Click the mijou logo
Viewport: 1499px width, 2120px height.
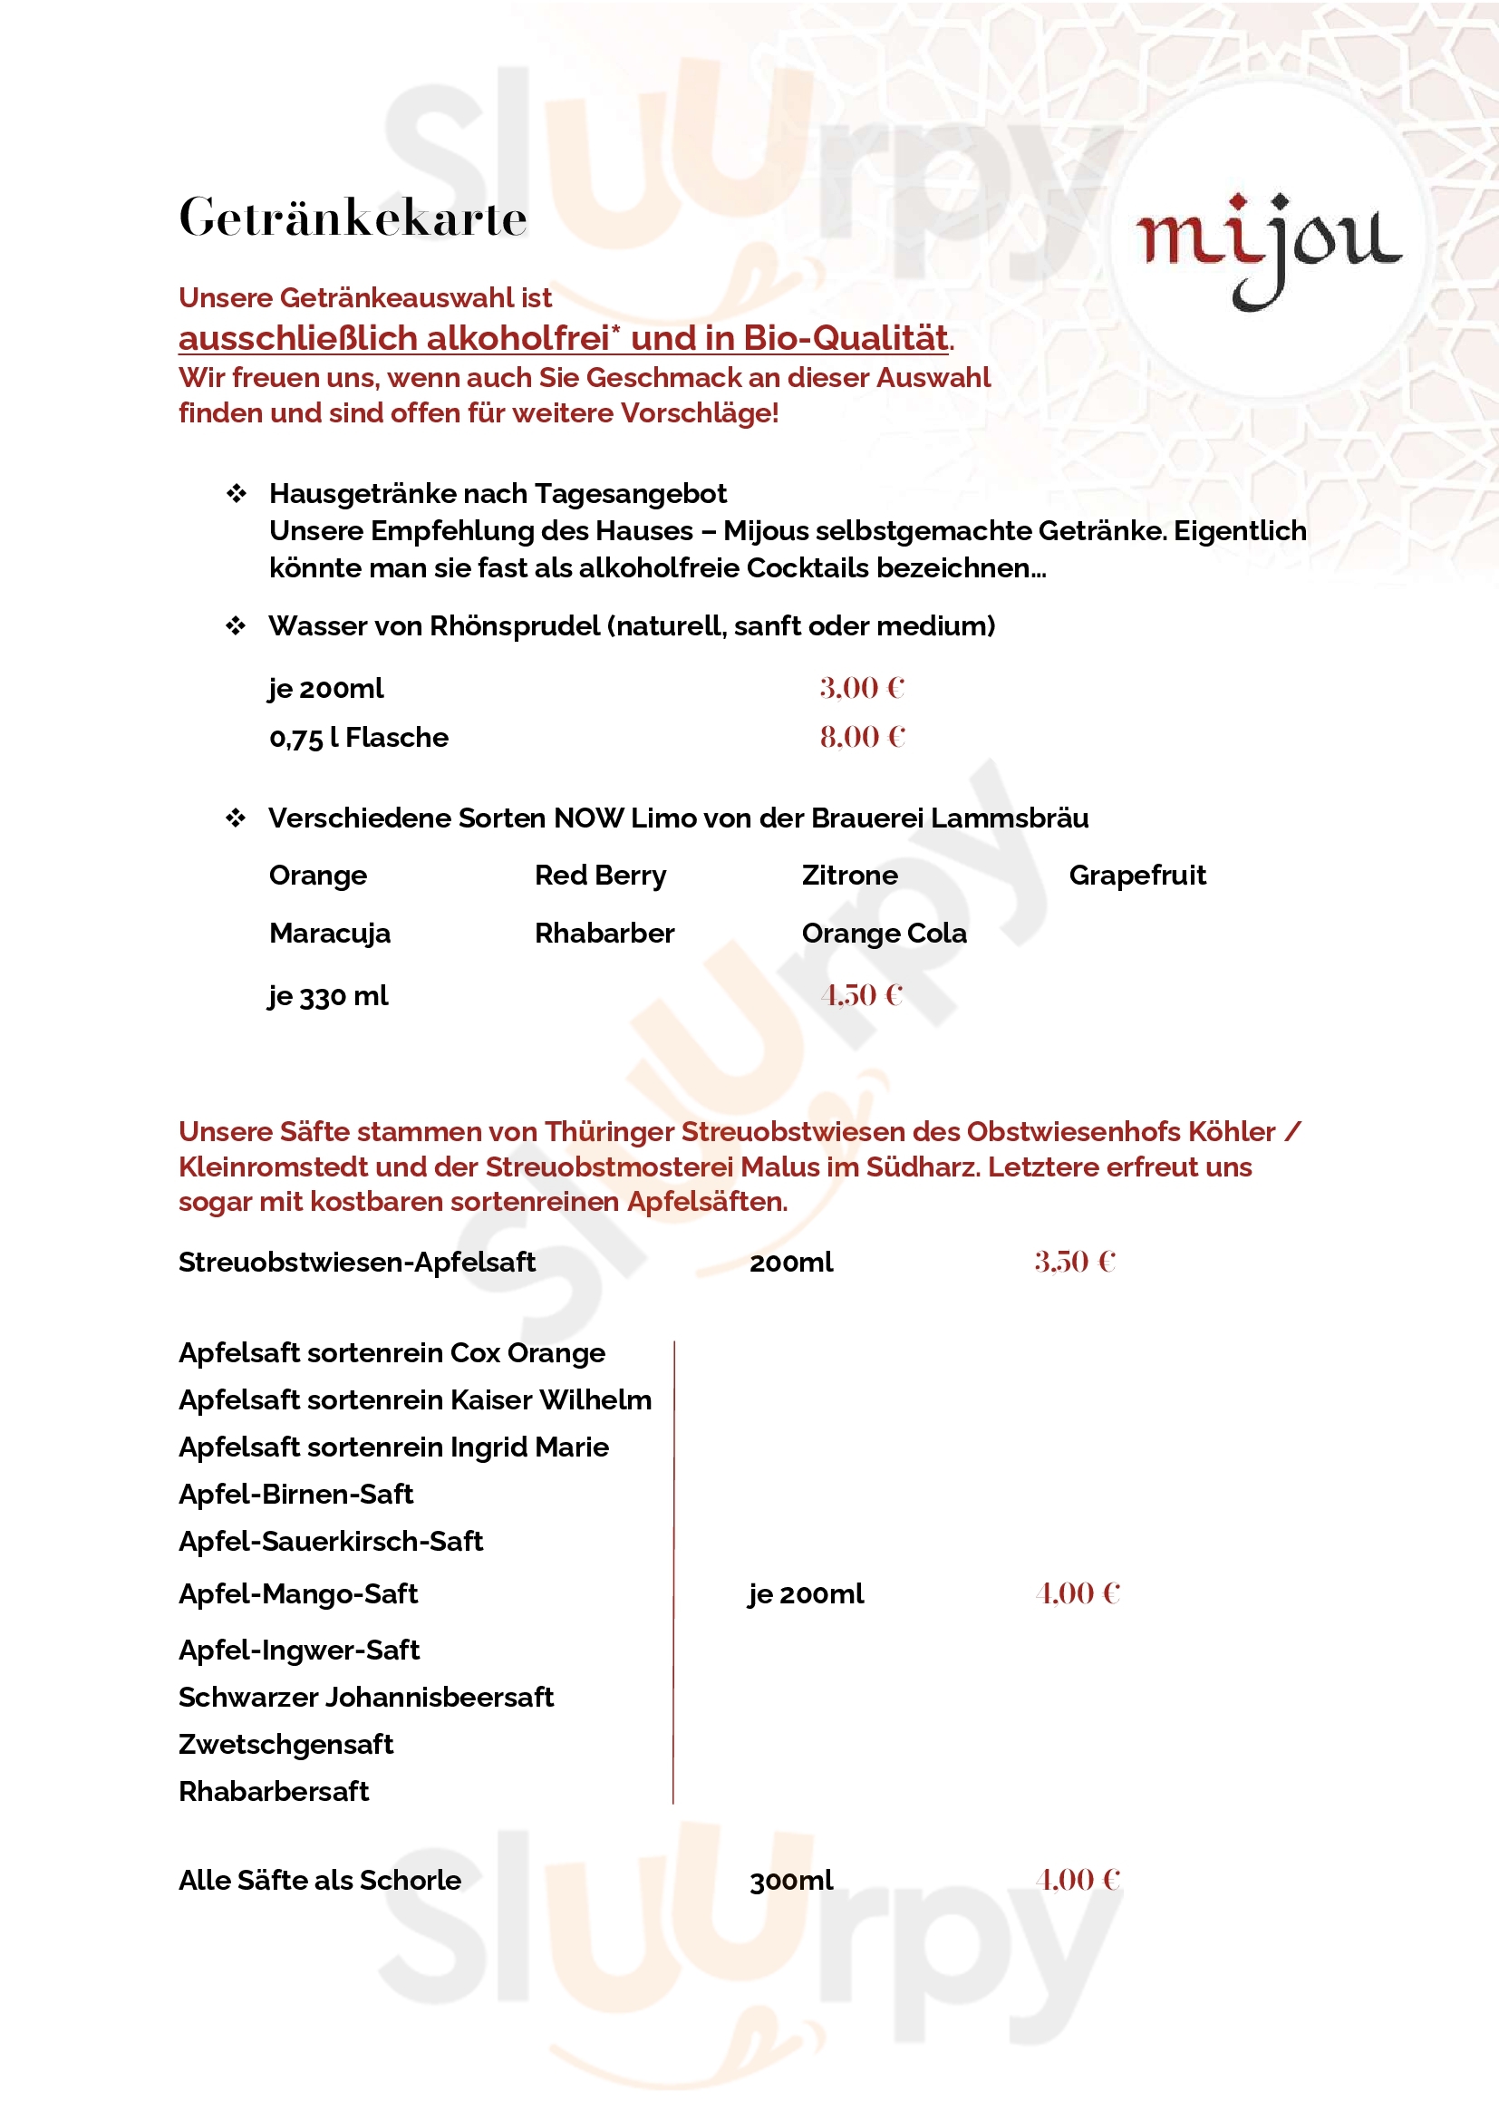tap(1268, 245)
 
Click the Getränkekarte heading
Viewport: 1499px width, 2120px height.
tap(353, 218)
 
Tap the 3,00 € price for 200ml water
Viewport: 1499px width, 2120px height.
tap(861, 688)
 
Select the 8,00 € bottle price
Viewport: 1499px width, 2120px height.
tap(862, 737)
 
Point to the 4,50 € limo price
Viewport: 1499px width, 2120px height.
tap(861, 995)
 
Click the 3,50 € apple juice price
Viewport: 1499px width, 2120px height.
tap(1075, 1262)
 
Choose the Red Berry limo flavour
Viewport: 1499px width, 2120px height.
tap(600, 876)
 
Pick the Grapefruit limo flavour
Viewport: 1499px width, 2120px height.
tap(1136, 876)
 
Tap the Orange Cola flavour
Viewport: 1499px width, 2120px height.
tap(884, 934)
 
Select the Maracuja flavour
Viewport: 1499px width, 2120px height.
tap(330, 934)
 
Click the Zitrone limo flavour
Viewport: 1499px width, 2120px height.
tap(849, 876)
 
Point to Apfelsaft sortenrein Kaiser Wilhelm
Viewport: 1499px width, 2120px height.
tap(414, 1399)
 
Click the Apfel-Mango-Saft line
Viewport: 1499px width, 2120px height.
tap(298, 1593)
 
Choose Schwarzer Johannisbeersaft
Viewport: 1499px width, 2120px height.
tap(365, 1697)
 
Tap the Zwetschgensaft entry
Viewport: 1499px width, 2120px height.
tap(285, 1744)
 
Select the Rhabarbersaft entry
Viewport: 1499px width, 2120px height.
tap(273, 1791)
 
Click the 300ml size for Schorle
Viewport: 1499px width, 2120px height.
tap(791, 1881)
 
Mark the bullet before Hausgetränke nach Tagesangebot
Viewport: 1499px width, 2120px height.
tap(237, 494)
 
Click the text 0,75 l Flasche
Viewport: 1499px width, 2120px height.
tap(358, 738)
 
